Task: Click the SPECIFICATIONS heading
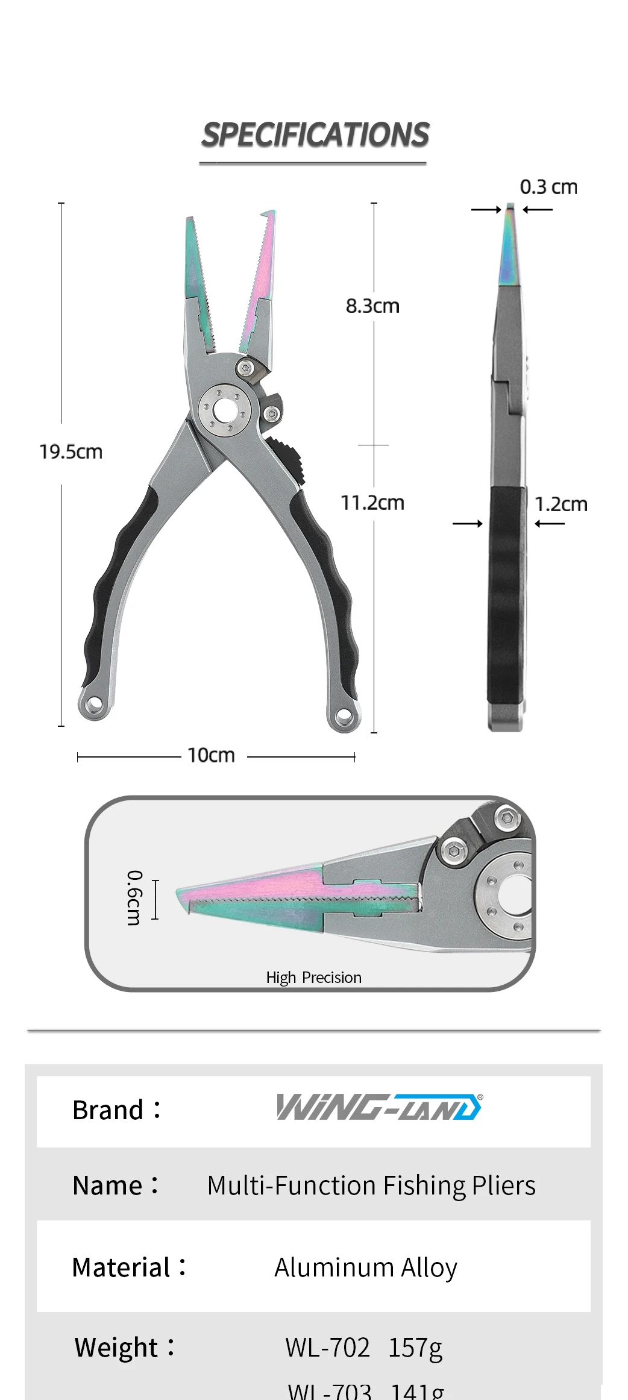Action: point(315,135)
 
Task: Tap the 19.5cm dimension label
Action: point(71,452)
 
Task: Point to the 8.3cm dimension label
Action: point(372,306)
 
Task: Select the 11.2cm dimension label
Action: point(372,503)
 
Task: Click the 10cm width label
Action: point(211,756)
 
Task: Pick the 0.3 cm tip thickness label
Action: point(548,187)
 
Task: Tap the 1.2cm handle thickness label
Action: point(561,504)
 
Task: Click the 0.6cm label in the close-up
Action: point(134,897)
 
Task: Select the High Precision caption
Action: point(314,978)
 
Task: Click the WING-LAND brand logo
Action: point(379,1107)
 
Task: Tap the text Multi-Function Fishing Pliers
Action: point(371,1186)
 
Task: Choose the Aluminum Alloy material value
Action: point(366,1268)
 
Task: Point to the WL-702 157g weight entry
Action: point(364,1348)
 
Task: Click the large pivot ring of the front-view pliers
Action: point(224,411)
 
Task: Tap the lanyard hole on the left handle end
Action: point(94,704)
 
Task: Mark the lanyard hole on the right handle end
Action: point(344,717)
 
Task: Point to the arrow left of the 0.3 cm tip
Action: point(486,210)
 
